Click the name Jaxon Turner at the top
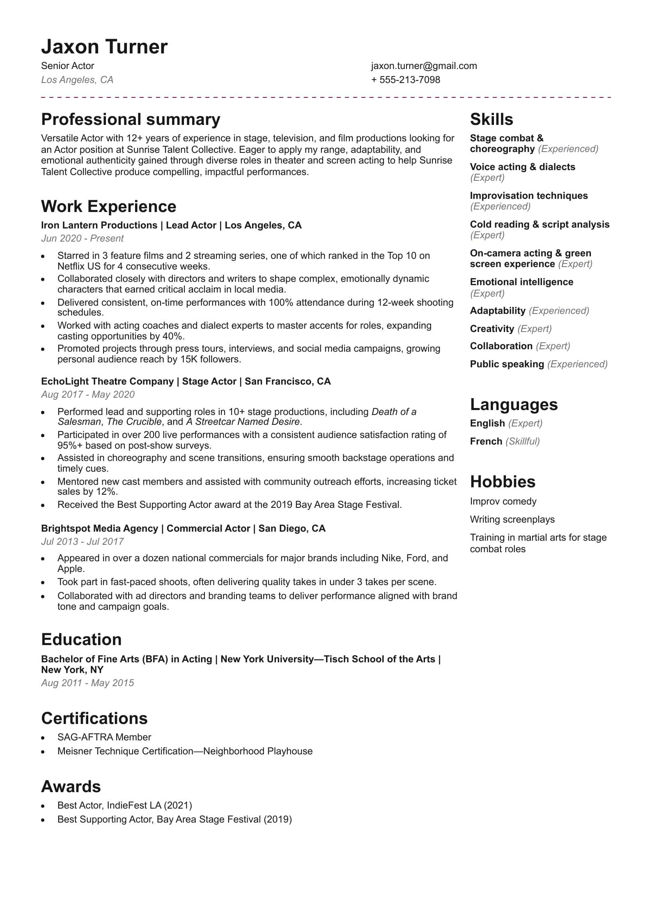pyautogui.click(x=104, y=47)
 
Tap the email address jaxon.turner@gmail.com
pyautogui.click(x=424, y=66)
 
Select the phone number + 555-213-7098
pyautogui.click(x=405, y=80)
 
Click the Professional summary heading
pyautogui.click(x=131, y=120)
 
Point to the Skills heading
pyautogui.click(x=491, y=120)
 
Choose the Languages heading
pyautogui.click(x=514, y=405)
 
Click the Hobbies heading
pyautogui.click(x=503, y=482)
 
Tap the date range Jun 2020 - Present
pyautogui.click(x=82, y=238)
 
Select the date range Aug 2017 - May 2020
pyautogui.click(x=87, y=394)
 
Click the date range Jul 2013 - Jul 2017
pyautogui.click(x=82, y=542)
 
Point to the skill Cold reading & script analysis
pyautogui.click(x=540, y=224)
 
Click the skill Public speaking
pyautogui.click(x=507, y=364)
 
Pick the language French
pyautogui.click(x=486, y=441)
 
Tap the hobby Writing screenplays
pyautogui.click(x=512, y=519)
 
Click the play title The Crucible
pyautogui.click(x=134, y=422)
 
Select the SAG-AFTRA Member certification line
pyautogui.click(x=104, y=737)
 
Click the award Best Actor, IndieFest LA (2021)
pyautogui.click(x=125, y=805)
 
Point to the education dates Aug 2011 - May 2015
pyautogui.click(x=87, y=683)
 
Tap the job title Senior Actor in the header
pyautogui.click(x=68, y=66)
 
